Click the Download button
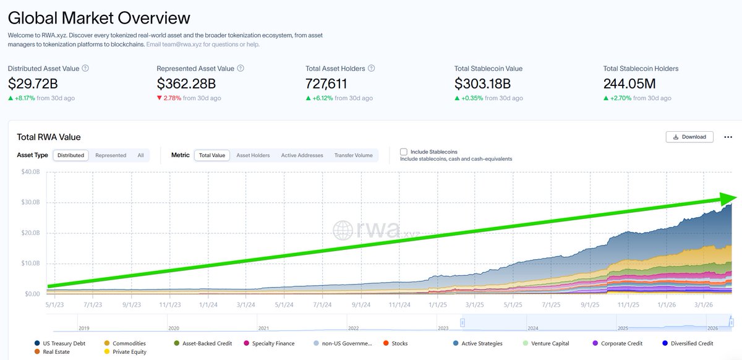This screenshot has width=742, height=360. (x=689, y=137)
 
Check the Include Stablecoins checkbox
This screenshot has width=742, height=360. (x=404, y=152)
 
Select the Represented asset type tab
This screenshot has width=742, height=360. (x=111, y=155)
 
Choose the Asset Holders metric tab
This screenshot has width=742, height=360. (x=253, y=155)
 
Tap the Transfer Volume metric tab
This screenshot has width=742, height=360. (x=353, y=155)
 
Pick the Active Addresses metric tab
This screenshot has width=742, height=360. (x=302, y=155)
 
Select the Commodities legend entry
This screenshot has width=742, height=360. (x=128, y=343)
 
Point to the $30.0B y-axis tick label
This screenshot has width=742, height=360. (x=31, y=202)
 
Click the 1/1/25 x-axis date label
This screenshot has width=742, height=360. (x=438, y=304)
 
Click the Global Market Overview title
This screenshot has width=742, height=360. (x=99, y=17)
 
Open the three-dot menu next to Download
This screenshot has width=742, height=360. (x=728, y=137)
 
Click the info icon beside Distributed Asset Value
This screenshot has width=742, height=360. (x=85, y=69)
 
